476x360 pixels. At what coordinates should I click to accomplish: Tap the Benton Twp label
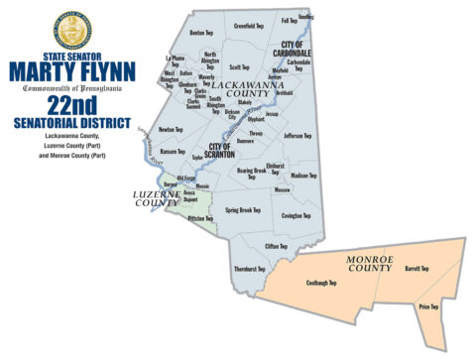pos(202,33)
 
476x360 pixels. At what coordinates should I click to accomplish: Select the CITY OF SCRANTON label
pos(226,150)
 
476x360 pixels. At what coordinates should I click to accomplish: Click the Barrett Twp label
pos(416,268)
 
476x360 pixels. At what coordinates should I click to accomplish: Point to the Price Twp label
pos(428,307)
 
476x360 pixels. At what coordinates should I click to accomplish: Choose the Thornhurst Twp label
pos(249,269)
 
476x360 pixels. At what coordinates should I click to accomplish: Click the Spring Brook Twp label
pos(242,209)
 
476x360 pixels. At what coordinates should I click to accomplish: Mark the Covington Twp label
pos(297,215)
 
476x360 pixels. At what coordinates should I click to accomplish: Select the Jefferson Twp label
pos(297,136)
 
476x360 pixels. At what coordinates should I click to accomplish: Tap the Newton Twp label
pos(172,129)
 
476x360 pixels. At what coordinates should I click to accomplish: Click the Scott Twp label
pos(239,67)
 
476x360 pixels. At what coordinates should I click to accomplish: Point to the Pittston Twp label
pos(200,218)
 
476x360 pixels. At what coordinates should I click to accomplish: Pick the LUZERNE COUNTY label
pos(155,196)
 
